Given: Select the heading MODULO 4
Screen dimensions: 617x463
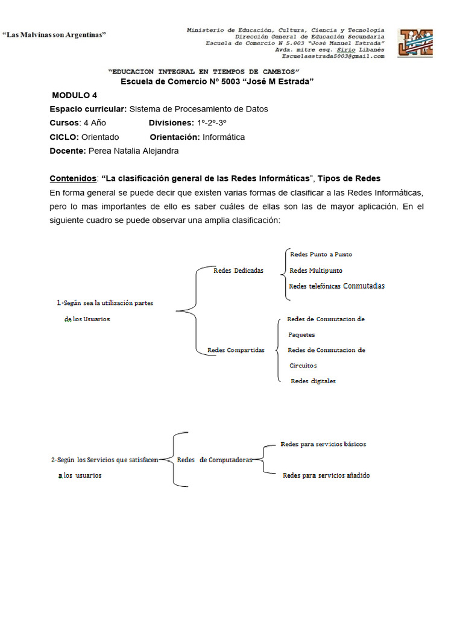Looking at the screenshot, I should tap(74, 95).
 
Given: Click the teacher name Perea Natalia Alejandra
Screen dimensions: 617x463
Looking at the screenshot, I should tap(133, 151).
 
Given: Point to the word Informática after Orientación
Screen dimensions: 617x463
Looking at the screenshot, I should tap(224, 137).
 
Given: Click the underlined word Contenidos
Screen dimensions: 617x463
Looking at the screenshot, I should tap(73, 179).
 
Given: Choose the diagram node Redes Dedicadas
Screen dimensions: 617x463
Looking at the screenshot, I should tap(238, 271).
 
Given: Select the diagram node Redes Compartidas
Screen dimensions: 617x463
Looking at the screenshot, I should tap(236, 350).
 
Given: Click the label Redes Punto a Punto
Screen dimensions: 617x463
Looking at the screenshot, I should tap(321, 254).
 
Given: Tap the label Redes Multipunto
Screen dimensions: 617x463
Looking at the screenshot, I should tap(316, 271).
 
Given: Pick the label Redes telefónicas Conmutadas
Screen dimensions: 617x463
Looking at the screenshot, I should tap(336, 286).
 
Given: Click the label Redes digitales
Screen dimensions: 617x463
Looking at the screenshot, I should tap(313, 381).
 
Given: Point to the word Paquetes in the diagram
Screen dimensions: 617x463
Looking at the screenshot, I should tap(301, 334).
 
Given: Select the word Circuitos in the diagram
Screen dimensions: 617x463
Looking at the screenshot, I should tap(303, 366).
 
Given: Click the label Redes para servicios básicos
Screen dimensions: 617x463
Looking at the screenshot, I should tap(323, 444).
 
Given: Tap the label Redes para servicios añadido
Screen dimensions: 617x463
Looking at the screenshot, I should tap(326, 475).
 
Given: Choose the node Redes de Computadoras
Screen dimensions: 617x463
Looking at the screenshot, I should tap(214, 460).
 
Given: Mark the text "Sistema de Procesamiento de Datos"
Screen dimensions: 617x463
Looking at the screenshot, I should tap(199, 109).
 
